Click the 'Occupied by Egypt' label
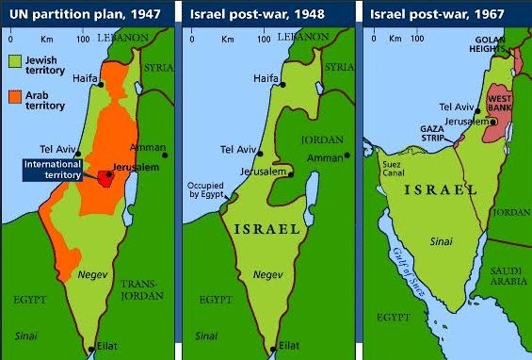point(206,189)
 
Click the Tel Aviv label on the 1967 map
point(458,108)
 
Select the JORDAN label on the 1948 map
point(320,139)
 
